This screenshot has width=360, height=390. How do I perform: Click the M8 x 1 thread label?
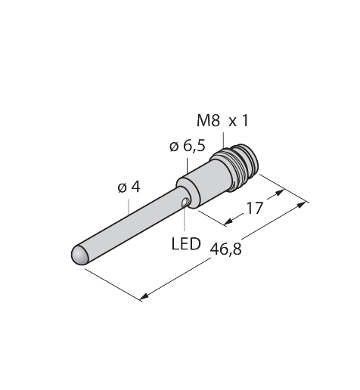tap(222, 121)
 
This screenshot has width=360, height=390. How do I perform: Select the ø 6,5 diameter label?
tap(188, 146)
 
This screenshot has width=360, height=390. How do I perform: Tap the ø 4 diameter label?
tap(129, 187)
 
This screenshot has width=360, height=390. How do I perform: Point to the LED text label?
tap(186, 244)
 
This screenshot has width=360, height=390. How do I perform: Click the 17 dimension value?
tap(254, 208)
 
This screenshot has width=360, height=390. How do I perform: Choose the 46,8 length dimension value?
tap(226, 249)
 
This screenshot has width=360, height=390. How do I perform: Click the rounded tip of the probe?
tap(79, 255)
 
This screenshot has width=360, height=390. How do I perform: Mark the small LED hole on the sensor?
tap(185, 203)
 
